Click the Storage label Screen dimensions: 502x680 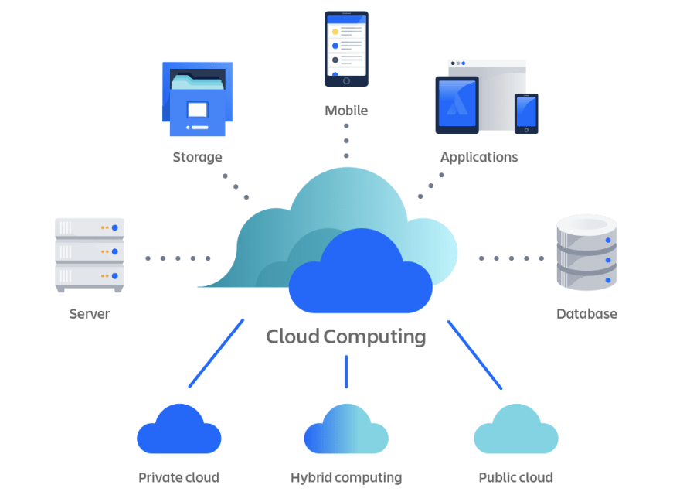(197, 157)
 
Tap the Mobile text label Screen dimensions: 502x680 (346, 111)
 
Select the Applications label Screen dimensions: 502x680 (479, 157)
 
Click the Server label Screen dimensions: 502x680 (90, 314)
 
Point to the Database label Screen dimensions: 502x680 (586, 314)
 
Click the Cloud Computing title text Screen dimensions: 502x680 (345, 337)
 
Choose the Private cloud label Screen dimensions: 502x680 (178, 477)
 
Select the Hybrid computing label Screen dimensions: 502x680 (346, 477)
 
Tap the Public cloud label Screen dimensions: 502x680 (515, 477)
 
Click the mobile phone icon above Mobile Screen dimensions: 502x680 (346, 48)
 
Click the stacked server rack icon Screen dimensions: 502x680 (90, 254)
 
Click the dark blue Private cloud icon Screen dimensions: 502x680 (178, 430)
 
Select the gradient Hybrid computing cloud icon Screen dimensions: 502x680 (346, 430)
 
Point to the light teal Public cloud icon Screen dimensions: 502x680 (515, 430)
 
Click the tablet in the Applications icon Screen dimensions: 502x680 (457, 104)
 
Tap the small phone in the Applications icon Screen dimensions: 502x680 (526, 113)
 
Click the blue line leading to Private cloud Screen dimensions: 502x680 (216, 353)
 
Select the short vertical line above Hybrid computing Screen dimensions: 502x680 (346, 371)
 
